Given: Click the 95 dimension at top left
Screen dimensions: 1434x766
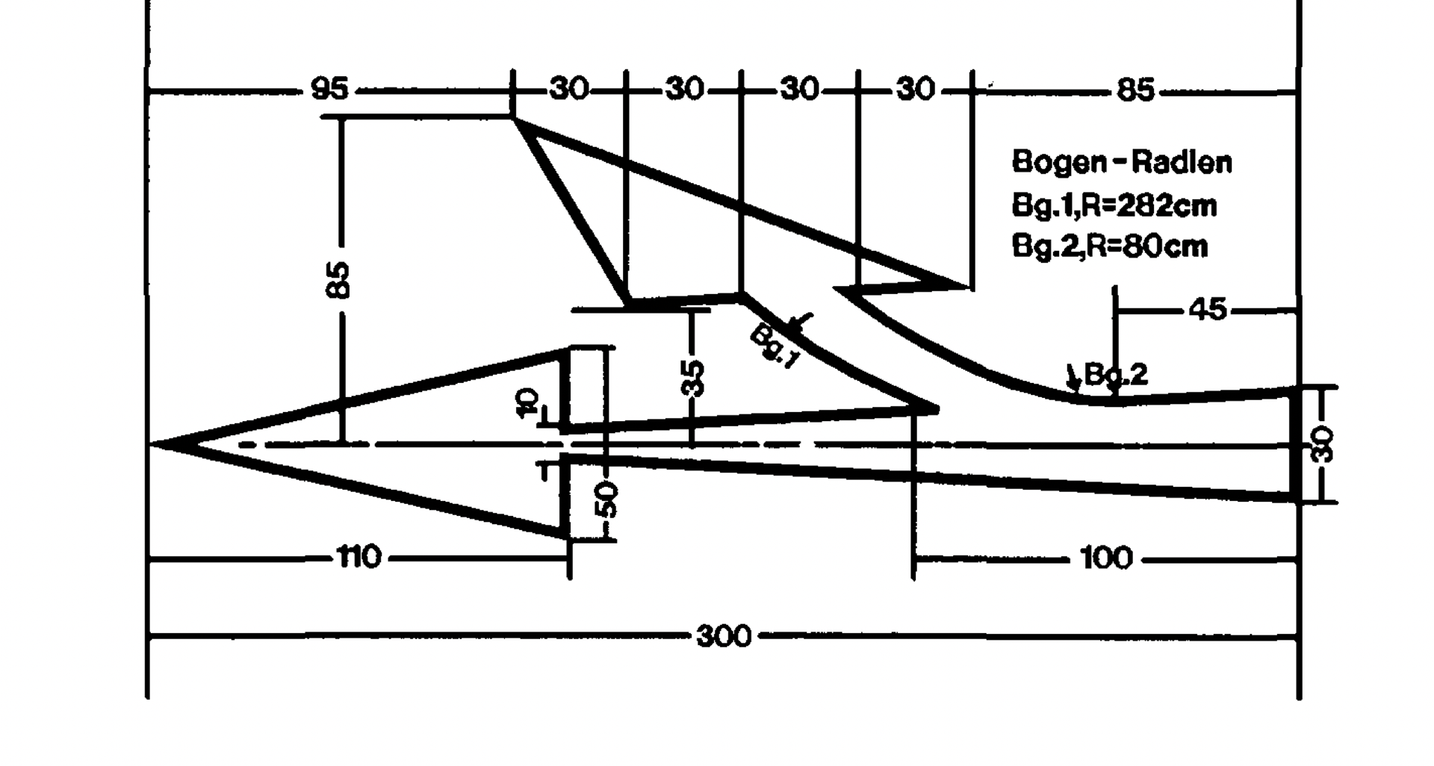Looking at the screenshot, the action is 329,90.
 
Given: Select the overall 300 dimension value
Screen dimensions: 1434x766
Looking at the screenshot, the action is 723,637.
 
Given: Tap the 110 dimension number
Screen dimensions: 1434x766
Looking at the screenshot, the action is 359,557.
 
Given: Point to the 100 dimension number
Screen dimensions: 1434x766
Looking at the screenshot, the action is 1106,558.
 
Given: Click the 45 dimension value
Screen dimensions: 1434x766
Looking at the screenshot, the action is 1208,309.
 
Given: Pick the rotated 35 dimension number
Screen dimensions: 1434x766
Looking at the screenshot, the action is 694,377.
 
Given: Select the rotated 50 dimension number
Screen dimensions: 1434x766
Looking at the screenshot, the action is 608,499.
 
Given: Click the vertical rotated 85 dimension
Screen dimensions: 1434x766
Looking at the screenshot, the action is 339,280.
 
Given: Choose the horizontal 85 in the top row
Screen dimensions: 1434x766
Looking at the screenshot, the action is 1135,90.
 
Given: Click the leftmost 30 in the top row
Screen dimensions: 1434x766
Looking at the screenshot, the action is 569,90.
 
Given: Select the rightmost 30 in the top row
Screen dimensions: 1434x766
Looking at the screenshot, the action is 915,90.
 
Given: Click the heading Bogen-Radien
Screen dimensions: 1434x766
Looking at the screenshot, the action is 1121,162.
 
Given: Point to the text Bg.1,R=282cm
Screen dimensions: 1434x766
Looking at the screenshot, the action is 1114,205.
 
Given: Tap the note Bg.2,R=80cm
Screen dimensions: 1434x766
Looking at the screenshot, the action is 1109,246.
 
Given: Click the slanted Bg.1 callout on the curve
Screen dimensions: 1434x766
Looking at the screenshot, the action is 775,346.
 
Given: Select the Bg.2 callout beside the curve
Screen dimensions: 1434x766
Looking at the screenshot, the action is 1115,374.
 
